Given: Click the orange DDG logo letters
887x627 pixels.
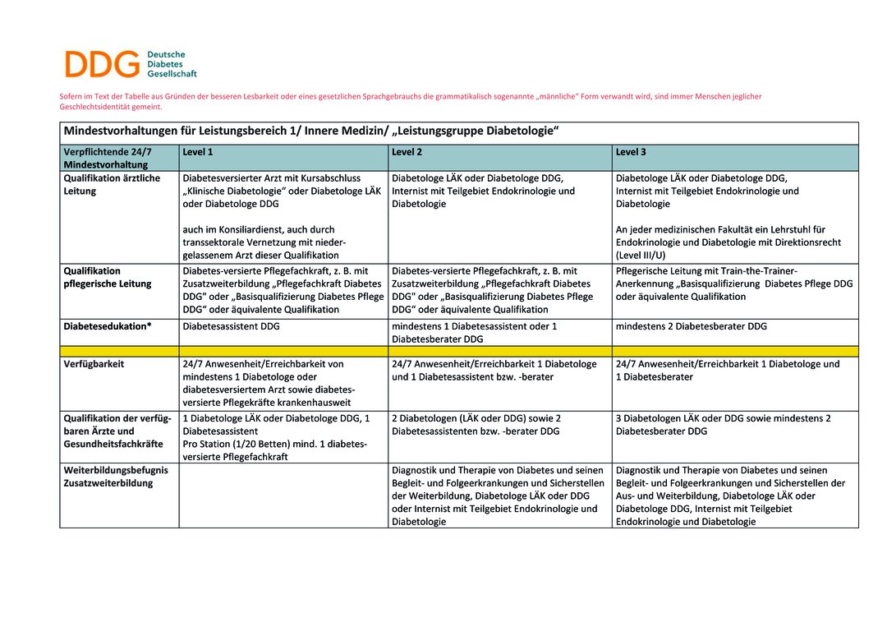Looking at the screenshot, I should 103,63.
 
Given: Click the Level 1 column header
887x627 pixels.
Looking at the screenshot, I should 197,152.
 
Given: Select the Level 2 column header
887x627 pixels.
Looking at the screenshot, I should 407,152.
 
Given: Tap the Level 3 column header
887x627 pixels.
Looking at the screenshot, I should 631,152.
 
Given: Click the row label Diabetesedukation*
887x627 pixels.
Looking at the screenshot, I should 108,326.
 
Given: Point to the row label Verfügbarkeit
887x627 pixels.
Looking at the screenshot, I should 94,364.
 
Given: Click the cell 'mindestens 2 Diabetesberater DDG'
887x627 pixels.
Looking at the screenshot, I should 691,326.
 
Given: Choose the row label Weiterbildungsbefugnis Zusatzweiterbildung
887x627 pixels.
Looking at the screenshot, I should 116,477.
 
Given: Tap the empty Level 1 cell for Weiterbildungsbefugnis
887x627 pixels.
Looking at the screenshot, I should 283,496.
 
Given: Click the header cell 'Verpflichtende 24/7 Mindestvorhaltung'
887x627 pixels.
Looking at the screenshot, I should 108,158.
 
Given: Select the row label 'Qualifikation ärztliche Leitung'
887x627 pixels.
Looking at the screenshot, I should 112,184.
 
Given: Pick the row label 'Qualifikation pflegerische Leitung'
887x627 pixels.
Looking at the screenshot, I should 108,277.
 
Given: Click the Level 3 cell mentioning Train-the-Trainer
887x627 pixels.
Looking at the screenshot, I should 733,284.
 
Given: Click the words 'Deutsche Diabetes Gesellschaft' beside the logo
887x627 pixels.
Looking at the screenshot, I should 172,63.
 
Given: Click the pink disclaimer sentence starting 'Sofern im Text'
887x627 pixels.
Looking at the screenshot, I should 410,101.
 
